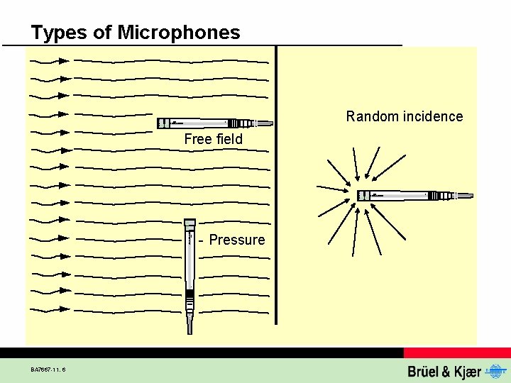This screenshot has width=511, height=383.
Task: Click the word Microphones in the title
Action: pyautogui.click(x=179, y=33)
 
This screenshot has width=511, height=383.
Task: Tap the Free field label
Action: pyautogui.click(x=213, y=139)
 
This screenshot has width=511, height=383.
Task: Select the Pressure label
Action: pyautogui.click(x=236, y=240)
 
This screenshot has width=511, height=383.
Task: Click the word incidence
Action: pyautogui.click(x=432, y=116)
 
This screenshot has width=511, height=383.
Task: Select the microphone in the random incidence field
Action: pyautogui.click(x=412, y=195)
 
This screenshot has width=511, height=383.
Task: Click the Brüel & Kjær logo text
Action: pyautogui.click(x=444, y=371)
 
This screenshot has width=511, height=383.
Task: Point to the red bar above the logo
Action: pyautogui.click(x=457, y=353)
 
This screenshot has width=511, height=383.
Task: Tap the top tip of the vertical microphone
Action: pyautogui.click(x=189, y=222)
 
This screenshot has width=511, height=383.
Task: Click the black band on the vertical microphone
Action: pyautogui.click(x=189, y=294)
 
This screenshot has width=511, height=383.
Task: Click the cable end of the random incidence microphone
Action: pyautogui.click(x=465, y=195)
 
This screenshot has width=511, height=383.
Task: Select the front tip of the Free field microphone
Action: pyautogui.click(x=160, y=123)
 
